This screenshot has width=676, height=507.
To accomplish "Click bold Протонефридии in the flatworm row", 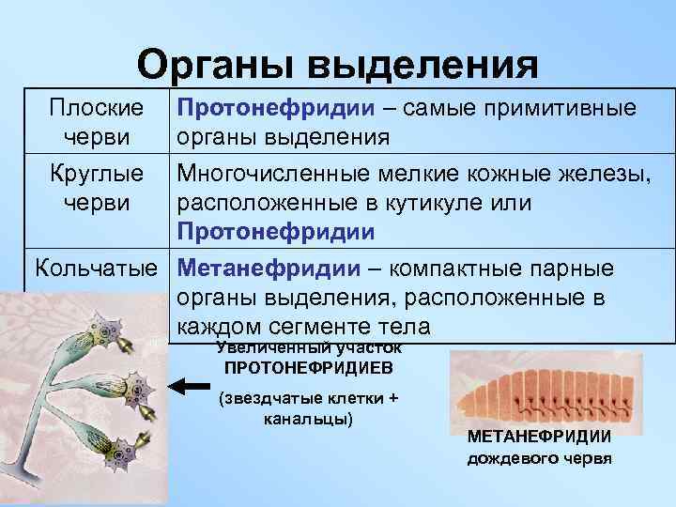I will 272,107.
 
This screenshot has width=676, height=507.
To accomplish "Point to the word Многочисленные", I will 279,174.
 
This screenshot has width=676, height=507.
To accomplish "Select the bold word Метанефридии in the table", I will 268,269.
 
